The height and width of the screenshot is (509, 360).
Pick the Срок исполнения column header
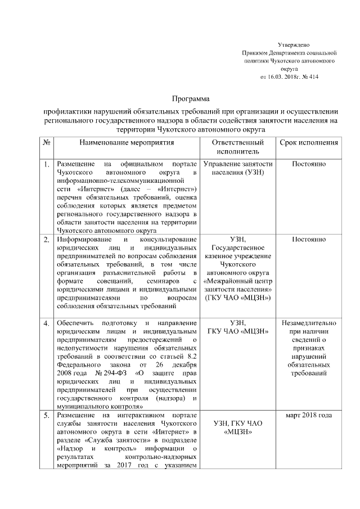pos(309,143)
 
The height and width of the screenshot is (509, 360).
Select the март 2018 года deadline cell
pos(309,415)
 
